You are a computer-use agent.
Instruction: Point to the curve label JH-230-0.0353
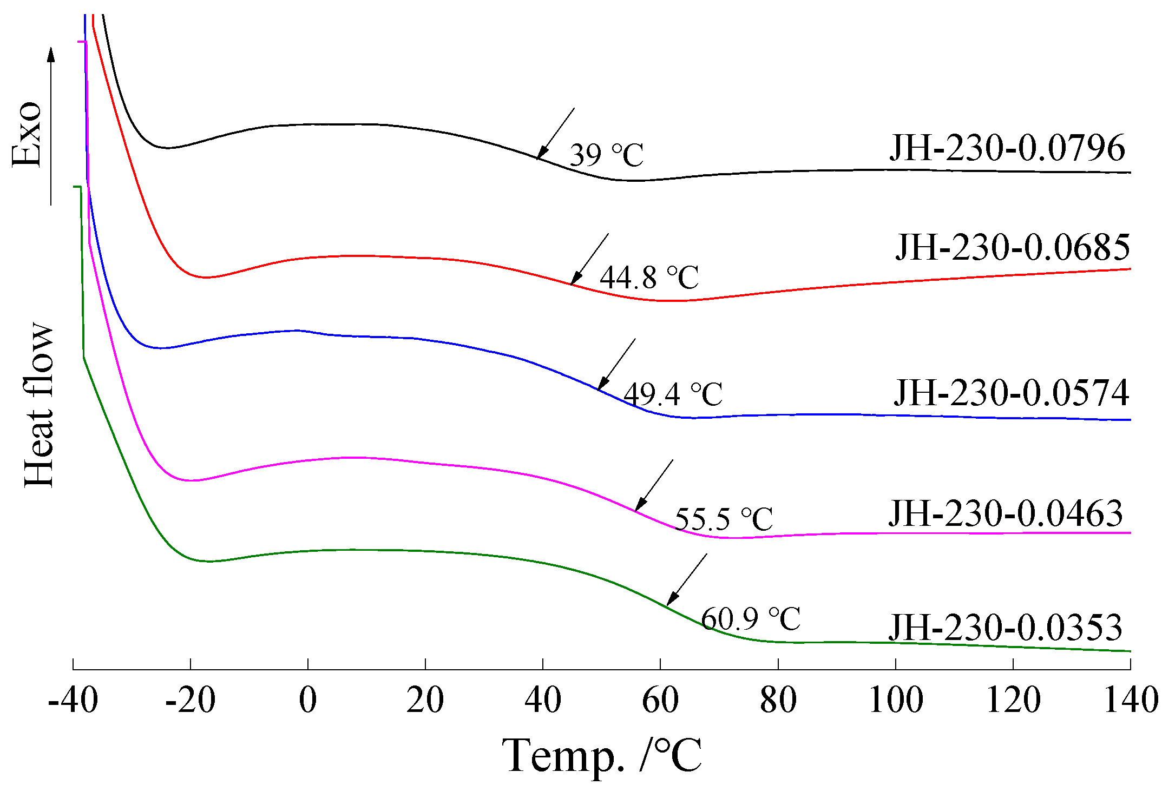pyautogui.click(x=1006, y=628)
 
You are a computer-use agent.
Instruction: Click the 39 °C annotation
pyautogui.click(x=607, y=155)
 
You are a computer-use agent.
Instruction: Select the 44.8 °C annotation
pyautogui.click(x=649, y=278)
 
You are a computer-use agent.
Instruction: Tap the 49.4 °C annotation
pyautogui.click(x=673, y=394)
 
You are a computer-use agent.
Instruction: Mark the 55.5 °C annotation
pyautogui.click(x=724, y=519)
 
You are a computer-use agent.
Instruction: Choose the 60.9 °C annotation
pyautogui.click(x=751, y=619)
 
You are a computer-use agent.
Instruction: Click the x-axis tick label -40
pyautogui.click(x=73, y=700)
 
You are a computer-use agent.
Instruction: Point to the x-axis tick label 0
pyautogui.click(x=308, y=700)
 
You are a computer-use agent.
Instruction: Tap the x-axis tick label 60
pyautogui.click(x=660, y=700)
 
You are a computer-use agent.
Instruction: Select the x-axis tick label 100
pyautogui.click(x=896, y=700)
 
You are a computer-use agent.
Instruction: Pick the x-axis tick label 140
pyautogui.click(x=1131, y=700)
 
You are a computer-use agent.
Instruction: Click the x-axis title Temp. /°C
pyautogui.click(x=602, y=755)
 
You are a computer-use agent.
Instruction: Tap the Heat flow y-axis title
pyautogui.click(x=39, y=405)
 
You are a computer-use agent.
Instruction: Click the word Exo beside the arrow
pyautogui.click(x=27, y=134)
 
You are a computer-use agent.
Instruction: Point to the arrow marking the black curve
pyautogui.click(x=555, y=134)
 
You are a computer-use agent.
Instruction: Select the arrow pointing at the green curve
pyautogui.click(x=687, y=579)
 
